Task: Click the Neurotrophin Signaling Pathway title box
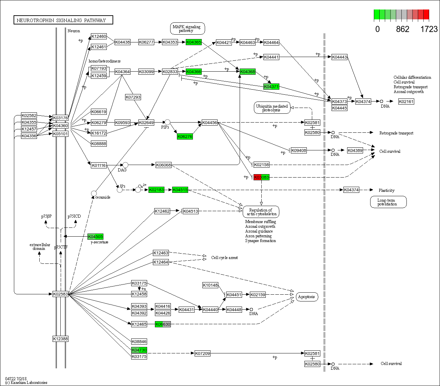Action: (63, 20)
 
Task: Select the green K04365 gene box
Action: (194, 42)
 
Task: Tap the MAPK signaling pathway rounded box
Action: (187, 29)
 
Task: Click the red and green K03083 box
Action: (261, 177)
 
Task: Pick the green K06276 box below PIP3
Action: (185, 136)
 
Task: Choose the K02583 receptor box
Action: (60, 294)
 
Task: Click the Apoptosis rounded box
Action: (307, 297)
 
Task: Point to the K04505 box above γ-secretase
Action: (95, 237)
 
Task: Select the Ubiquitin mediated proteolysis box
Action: (272, 108)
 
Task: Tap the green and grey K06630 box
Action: (163, 324)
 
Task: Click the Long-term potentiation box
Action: (388, 202)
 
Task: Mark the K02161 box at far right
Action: (406, 102)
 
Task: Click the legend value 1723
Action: (429, 29)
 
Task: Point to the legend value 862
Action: (402, 29)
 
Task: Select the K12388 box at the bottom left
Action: (60, 338)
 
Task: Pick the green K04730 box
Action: (139, 350)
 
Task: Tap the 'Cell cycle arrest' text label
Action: (224, 258)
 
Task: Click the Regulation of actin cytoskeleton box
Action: (261, 212)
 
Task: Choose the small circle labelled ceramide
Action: (94, 194)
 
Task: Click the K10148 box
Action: (210, 285)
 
